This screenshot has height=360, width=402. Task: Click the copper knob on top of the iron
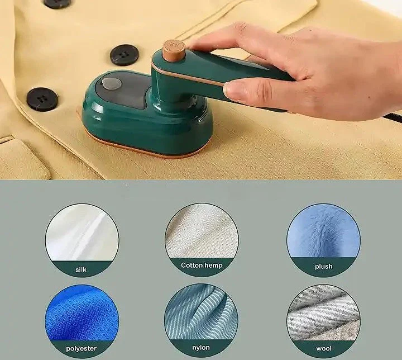click(x=174, y=50)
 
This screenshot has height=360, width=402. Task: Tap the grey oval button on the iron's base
click(x=112, y=84)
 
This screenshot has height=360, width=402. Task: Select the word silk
click(x=81, y=269)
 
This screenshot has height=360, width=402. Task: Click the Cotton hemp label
click(x=202, y=266)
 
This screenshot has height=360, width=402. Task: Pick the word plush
click(x=323, y=267)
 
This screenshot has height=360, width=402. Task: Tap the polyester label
click(x=82, y=348)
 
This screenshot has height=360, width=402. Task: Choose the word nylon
click(x=201, y=347)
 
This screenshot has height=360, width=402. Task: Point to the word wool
click(x=323, y=348)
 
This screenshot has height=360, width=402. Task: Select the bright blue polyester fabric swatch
click(x=82, y=313)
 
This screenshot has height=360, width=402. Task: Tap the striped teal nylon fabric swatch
click(x=201, y=312)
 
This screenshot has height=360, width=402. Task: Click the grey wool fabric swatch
click(x=323, y=313)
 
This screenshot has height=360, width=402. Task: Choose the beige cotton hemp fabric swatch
click(x=202, y=231)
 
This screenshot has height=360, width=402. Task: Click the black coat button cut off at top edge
click(x=57, y=3)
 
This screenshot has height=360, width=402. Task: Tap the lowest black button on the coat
click(x=42, y=99)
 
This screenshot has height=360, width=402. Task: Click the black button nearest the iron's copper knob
click(x=125, y=55)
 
